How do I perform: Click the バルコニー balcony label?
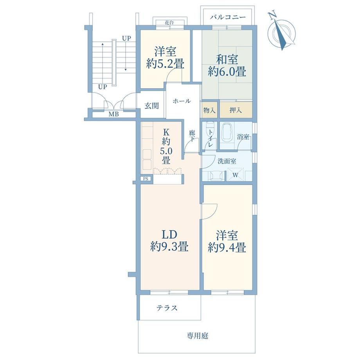[228, 17]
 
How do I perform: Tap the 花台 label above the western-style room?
[169, 23]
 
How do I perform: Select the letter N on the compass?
[272, 16]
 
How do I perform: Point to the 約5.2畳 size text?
[165, 64]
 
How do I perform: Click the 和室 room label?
[227, 59]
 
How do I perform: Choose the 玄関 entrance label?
[151, 106]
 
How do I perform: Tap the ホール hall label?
[182, 101]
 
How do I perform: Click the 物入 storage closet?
[209, 110]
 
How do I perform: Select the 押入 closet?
[236, 110]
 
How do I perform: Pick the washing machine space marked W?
[236, 175]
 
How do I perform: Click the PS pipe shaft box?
[146, 178]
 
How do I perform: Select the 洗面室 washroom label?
[227, 161]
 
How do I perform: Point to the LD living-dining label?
[169, 235]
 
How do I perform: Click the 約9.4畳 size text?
[227, 248]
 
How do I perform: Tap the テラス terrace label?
[167, 308]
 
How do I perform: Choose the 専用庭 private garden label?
[197, 336]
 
